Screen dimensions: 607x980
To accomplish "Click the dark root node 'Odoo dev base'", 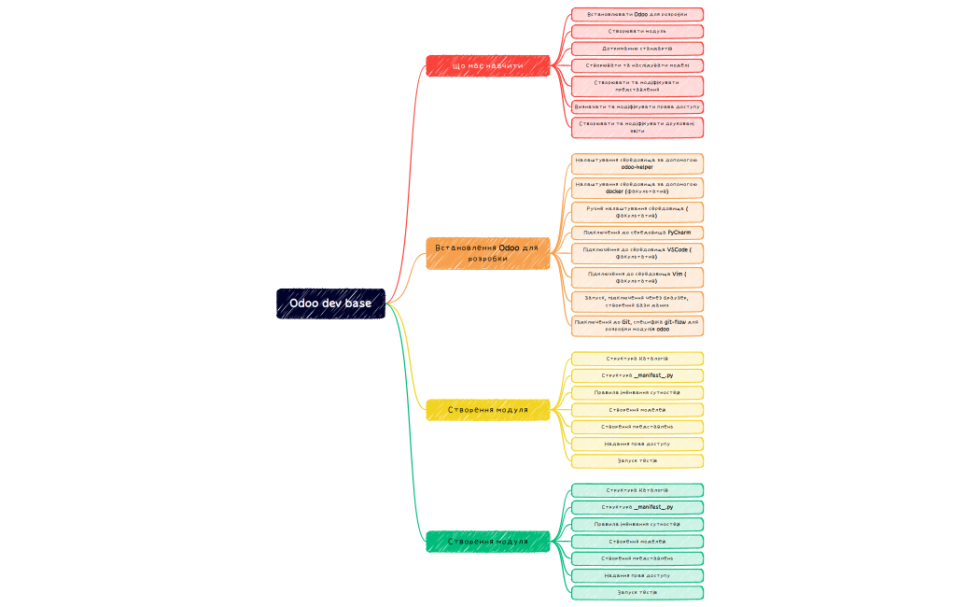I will click(x=330, y=303).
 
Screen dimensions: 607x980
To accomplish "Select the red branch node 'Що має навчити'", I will click(x=488, y=66).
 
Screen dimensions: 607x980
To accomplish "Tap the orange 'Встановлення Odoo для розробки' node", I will click(x=488, y=253).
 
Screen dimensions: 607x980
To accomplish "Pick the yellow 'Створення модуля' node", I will click(x=488, y=410).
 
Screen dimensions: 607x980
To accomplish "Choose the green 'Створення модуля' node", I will click(x=488, y=542).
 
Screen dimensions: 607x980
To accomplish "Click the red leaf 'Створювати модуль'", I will click(x=637, y=32).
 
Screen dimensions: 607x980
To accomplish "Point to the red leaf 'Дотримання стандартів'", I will click(x=637, y=49).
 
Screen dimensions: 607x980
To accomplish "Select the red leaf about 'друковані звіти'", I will click(x=637, y=127).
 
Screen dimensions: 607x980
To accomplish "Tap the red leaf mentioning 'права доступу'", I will click(x=637, y=107).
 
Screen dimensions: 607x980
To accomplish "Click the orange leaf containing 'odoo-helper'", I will click(x=637, y=163).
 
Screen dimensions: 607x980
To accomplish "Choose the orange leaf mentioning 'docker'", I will click(x=637, y=188).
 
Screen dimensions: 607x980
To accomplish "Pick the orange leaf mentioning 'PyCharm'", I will click(x=637, y=233).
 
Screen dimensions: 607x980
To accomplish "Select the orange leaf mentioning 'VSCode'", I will click(x=637, y=253).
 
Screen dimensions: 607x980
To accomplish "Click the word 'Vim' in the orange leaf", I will click(x=679, y=275).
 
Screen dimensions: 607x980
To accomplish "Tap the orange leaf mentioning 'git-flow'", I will click(x=637, y=325).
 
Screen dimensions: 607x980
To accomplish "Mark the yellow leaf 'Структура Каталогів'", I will click(x=637, y=359).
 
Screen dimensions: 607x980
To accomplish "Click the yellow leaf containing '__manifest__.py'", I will click(x=637, y=375).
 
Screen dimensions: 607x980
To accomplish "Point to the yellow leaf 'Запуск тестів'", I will click(x=637, y=460).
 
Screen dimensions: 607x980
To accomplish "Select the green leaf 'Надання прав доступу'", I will click(x=637, y=575).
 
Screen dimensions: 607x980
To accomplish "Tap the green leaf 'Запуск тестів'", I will click(x=637, y=592).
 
